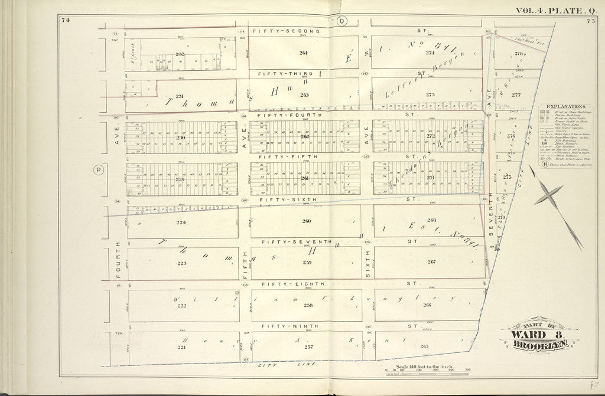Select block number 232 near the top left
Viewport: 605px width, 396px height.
click(180, 54)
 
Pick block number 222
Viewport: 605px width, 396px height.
click(181, 305)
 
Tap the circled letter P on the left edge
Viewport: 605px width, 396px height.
click(97, 170)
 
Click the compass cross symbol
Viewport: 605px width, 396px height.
click(548, 195)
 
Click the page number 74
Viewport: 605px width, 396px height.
click(64, 21)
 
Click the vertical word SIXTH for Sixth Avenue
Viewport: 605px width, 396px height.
click(367, 260)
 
